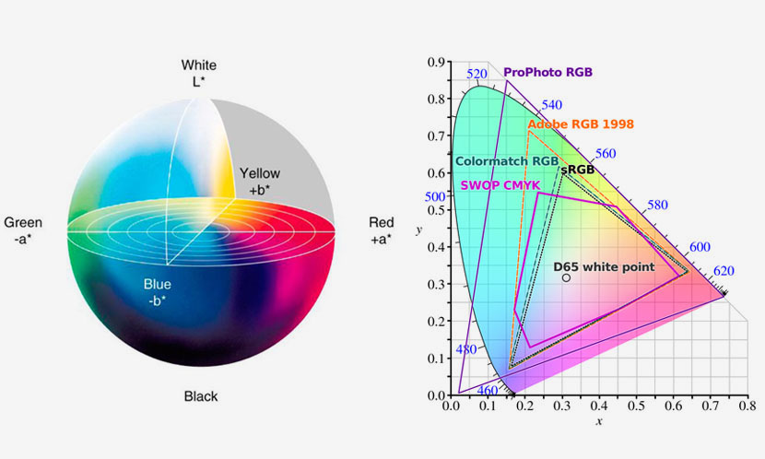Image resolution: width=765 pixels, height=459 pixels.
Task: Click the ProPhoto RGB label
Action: coord(547,72)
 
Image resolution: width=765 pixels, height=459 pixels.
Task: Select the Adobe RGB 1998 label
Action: coord(581,124)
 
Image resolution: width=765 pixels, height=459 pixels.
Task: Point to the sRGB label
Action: coord(577,171)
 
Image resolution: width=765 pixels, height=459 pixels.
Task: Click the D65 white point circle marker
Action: coord(566,277)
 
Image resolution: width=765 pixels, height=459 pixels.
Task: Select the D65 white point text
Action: coord(604,266)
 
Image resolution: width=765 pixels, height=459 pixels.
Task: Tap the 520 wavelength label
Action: coord(477,75)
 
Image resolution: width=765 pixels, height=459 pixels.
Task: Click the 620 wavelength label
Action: coord(724,271)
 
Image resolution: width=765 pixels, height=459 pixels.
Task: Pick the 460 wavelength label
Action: coord(487,391)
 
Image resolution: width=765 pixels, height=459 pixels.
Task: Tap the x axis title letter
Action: coord(599,421)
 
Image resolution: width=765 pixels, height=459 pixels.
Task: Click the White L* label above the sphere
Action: coord(199,73)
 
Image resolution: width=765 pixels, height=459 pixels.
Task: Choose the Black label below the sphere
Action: coord(201,396)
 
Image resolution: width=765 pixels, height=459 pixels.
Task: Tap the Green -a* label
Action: coord(23,230)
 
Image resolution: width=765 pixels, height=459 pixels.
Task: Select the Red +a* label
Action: coord(381,230)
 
